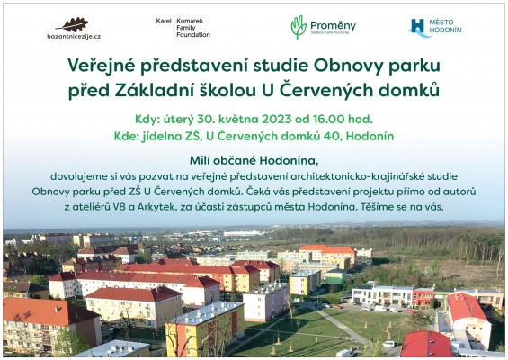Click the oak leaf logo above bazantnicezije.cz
click(72, 23)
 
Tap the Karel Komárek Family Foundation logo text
click(183, 27)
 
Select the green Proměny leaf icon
click(299, 27)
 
